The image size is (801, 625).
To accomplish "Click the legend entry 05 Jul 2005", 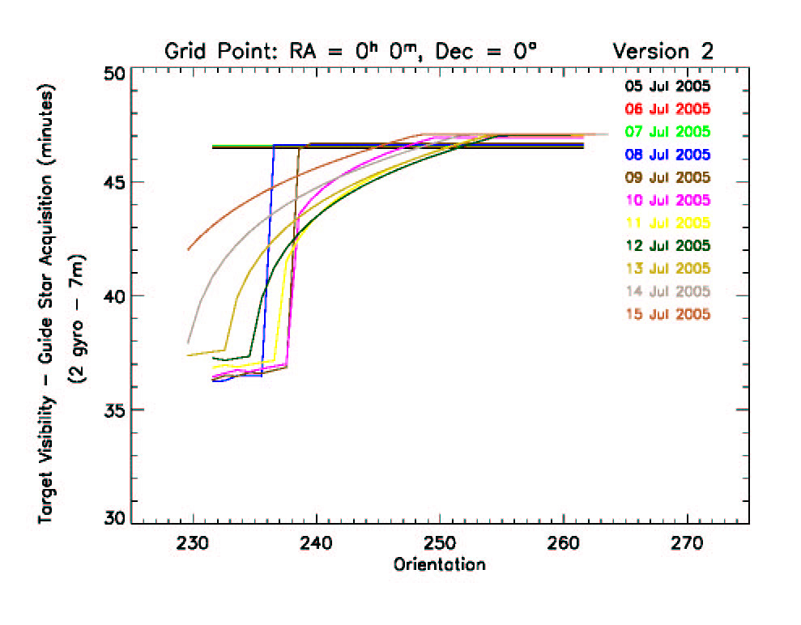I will pos(667,86).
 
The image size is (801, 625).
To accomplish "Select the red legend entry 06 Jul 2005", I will pos(667,108).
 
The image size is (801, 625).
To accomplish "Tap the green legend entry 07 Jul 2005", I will pos(667,131).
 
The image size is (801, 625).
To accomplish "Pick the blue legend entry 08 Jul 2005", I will pos(667,154).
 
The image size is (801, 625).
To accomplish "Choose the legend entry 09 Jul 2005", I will pos(667,176).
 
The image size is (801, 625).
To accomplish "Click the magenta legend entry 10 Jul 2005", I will pos(667,200).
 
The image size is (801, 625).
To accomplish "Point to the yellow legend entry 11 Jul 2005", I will pos(667,223).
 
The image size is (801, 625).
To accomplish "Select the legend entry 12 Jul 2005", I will pos(667,245).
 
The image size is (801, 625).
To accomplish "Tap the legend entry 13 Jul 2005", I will pos(667,268).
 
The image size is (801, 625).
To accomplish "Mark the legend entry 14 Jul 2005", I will pos(667,291).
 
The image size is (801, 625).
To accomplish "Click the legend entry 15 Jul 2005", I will pos(667,313).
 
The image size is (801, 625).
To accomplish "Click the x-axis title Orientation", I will pos(440,564).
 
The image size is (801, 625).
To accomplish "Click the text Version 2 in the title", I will pos(663,51).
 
